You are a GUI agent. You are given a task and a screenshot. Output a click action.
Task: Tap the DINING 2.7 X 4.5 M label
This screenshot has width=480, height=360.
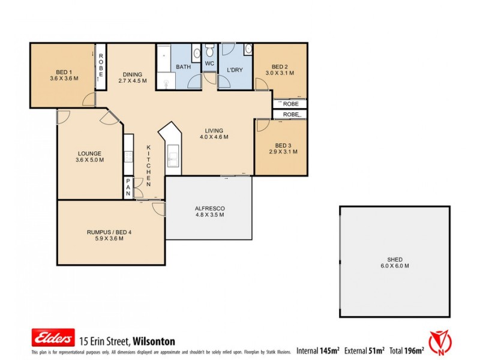[133, 77]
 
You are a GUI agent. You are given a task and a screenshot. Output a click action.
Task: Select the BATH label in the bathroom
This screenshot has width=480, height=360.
[183, 67]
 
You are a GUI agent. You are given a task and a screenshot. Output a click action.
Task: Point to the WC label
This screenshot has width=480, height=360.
[209, 64]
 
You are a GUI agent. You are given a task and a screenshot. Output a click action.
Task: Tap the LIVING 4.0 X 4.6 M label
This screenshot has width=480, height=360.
[214, 133]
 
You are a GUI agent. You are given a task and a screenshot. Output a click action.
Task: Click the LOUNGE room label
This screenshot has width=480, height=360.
[89, 157]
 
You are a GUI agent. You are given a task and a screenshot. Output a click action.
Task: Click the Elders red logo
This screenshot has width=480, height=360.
[53, 338]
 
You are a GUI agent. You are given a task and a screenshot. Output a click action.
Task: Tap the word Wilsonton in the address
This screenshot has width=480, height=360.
[154, 341]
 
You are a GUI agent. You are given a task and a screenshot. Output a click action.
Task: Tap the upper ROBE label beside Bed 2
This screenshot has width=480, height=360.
[291, 104]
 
